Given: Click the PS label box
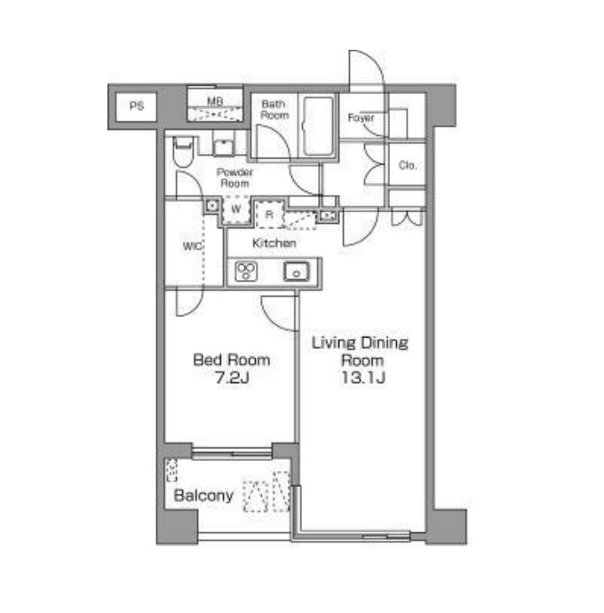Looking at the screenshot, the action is coord(137,107).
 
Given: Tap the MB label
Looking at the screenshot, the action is coord(215,101).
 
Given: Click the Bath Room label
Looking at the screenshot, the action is coord(274,109).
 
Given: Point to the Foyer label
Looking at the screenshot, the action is coord(361,117).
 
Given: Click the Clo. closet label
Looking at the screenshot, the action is coord(408,165).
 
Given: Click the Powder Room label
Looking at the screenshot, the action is coord(234,178).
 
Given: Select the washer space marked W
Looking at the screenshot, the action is coord(235,210).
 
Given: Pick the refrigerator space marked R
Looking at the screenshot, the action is coord(269,214).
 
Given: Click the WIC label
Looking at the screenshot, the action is coord(193,246).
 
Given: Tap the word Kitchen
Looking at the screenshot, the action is coord(274,243).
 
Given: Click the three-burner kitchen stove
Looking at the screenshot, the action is coord(246,271).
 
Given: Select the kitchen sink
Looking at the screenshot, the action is coord(297,271).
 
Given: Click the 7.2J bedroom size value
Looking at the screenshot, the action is coord(232,378).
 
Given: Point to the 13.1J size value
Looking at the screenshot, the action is coord(363,378).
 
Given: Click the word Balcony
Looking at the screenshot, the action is coord(203,496).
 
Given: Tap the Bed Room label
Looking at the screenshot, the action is coord(232,360).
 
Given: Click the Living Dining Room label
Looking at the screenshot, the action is coord(360,351).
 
